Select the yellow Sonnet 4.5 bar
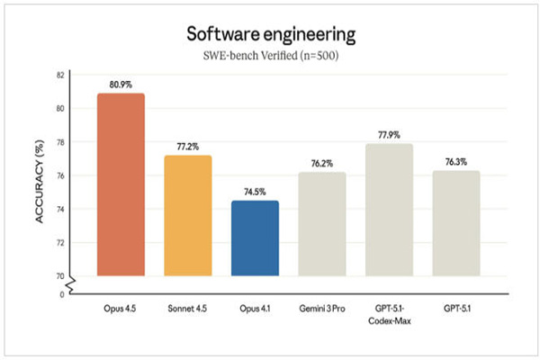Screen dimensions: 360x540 pos(187,216)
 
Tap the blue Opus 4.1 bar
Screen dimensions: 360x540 pos(255,238)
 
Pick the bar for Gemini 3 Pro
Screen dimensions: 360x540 pos(322,224)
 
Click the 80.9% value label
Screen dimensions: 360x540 pos(121,84)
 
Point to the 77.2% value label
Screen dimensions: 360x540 pos(187,146)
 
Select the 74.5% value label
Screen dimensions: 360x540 pos(255,191)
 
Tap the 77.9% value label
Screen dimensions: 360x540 pos(389,134)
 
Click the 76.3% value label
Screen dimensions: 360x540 pos(455,161)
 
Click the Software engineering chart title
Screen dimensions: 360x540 pos(270,34)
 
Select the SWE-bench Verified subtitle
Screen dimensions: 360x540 pos(270,56)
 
